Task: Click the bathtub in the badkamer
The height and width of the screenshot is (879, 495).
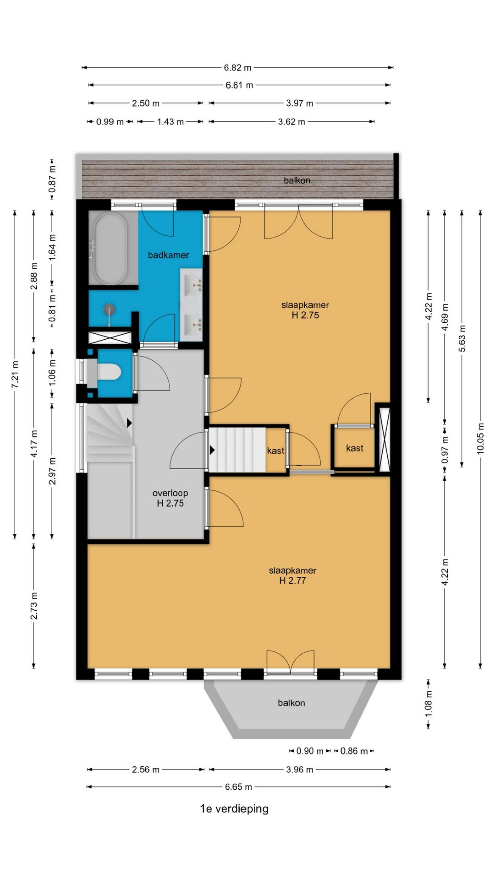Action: point(111,249)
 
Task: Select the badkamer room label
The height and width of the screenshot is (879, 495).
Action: point(168,255)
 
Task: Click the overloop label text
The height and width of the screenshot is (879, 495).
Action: point(170,493)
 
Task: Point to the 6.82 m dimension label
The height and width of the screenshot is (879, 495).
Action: point(238,68)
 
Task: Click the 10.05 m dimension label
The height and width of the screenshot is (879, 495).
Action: point(480,438)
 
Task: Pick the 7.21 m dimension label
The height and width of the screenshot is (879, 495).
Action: point(15,374)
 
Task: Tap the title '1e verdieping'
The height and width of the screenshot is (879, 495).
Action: point(234,808)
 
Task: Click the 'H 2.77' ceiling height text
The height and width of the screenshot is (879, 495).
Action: point(292,581)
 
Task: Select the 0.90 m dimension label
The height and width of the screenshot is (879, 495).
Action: point(310,751)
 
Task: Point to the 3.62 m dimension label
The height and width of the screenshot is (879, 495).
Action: point(291,122)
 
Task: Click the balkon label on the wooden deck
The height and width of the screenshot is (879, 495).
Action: point(297,180)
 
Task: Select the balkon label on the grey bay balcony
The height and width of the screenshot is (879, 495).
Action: point(291,703)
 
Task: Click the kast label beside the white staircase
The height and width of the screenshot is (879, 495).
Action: point(276,451)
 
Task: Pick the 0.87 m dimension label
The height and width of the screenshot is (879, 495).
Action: point(52,179)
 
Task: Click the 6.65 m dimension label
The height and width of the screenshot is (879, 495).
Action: point(238,787)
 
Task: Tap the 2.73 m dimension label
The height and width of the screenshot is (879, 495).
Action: point(34,606)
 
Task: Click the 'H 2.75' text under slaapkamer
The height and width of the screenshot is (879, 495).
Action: point(305,315)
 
